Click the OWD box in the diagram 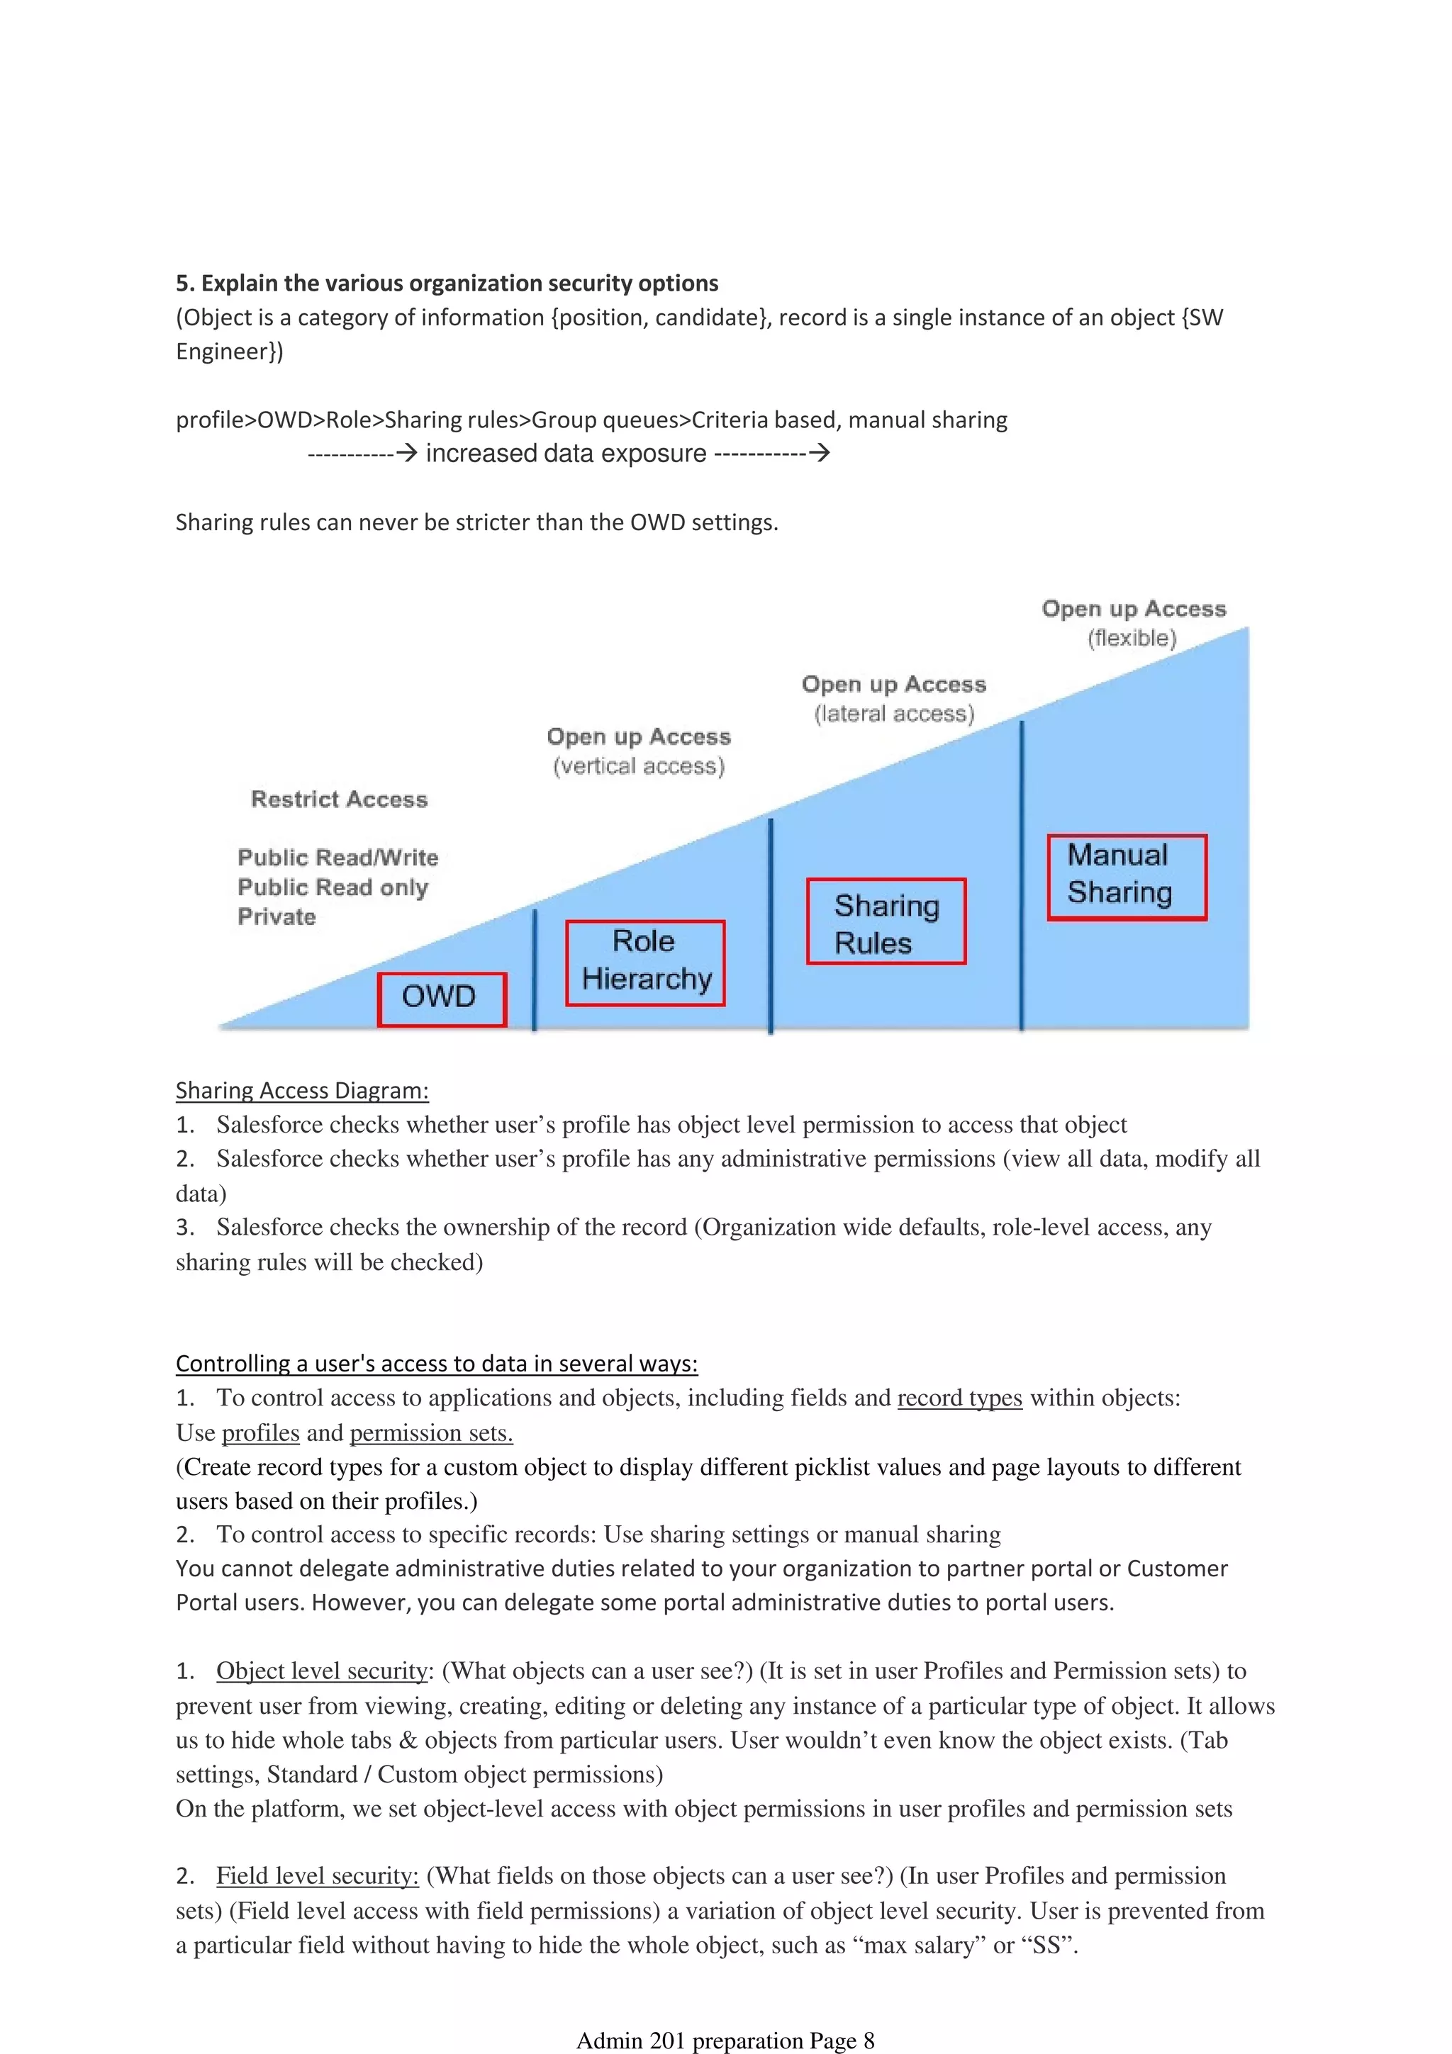[441, 999]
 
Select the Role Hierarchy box [645, 962]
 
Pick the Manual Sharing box [1127, 877]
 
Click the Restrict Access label [339, 799]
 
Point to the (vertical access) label [638, 767]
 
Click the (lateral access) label [894, 714]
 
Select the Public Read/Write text [337, 857]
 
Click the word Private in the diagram [277, 917]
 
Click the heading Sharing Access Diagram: [301, 1091]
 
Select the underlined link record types [959, 1398]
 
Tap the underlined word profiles [260, 1433]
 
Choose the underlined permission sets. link [431, 1433]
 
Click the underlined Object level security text [322, 1671]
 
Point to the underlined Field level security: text [318, 1876]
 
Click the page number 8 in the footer [868, 2041]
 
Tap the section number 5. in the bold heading [185, 284]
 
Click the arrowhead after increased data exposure [819, 454]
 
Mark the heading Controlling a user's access [436, 1364]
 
